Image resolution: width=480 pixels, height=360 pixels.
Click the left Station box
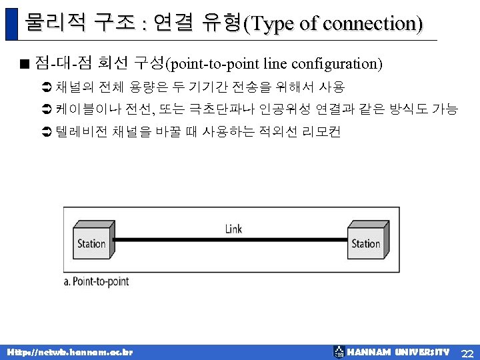coord(91,243)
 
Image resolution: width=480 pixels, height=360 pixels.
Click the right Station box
coord(365,243)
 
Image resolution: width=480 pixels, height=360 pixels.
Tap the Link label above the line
coord(233,229)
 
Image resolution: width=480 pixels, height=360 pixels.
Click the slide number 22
coord(467,352)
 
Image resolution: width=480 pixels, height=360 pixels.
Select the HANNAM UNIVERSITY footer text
coord(398,352)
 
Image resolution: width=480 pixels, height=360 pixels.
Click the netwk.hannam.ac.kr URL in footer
coord(69,352)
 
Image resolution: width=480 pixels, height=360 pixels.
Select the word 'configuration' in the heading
coord(342,64)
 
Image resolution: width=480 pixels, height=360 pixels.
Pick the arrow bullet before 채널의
coord(46,87)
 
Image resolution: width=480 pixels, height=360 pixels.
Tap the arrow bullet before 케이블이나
coord(46,109)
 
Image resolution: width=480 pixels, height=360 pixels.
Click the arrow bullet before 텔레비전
coord(46,132)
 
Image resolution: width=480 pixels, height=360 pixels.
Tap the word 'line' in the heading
coord(274,64)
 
